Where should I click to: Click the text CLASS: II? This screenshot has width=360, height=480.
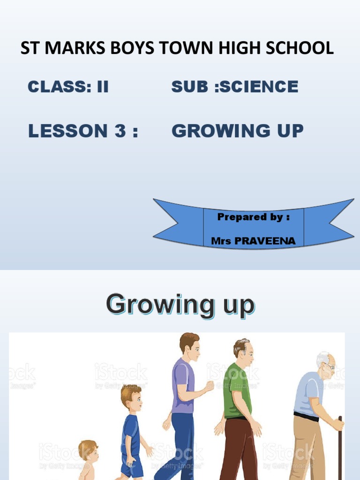tap(68, 87)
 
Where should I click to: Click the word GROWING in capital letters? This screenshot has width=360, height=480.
tap(218, 131)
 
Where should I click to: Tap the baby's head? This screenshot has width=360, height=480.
tap(88, 450)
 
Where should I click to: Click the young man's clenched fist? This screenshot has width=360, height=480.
tap(210, 386)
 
